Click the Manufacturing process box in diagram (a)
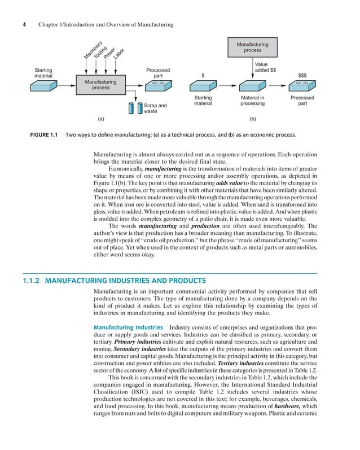point(100,85)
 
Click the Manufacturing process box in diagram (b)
point(252,47)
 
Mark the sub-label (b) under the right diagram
point(252,120)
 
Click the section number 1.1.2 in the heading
point(32,280)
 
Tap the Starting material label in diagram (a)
point(43,73)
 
